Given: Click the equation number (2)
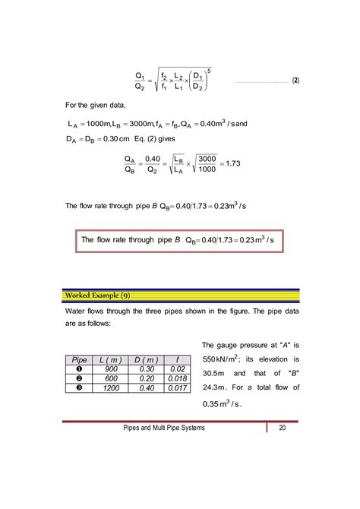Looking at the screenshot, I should coord(295,80).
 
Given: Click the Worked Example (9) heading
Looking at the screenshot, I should coord(96,295).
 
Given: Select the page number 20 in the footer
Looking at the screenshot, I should coord(282,429).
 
